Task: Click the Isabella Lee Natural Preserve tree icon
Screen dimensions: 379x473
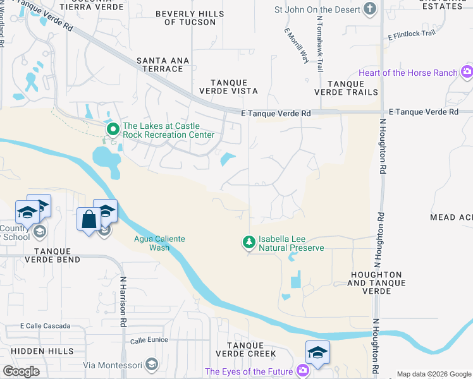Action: click(x=250, y=242)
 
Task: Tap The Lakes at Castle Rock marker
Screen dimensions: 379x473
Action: click(x=113, y=130)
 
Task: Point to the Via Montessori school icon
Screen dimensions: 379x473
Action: click(x=151, y=364)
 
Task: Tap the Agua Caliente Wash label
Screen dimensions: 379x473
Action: click(x=152, y=243)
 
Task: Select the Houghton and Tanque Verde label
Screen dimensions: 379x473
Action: click(x=374, y=279)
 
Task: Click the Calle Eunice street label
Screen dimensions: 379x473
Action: click(x=149, y=340)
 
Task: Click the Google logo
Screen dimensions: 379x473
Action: click(x=21, y=371)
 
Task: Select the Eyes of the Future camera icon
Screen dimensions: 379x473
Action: click(x=304, y=371)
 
